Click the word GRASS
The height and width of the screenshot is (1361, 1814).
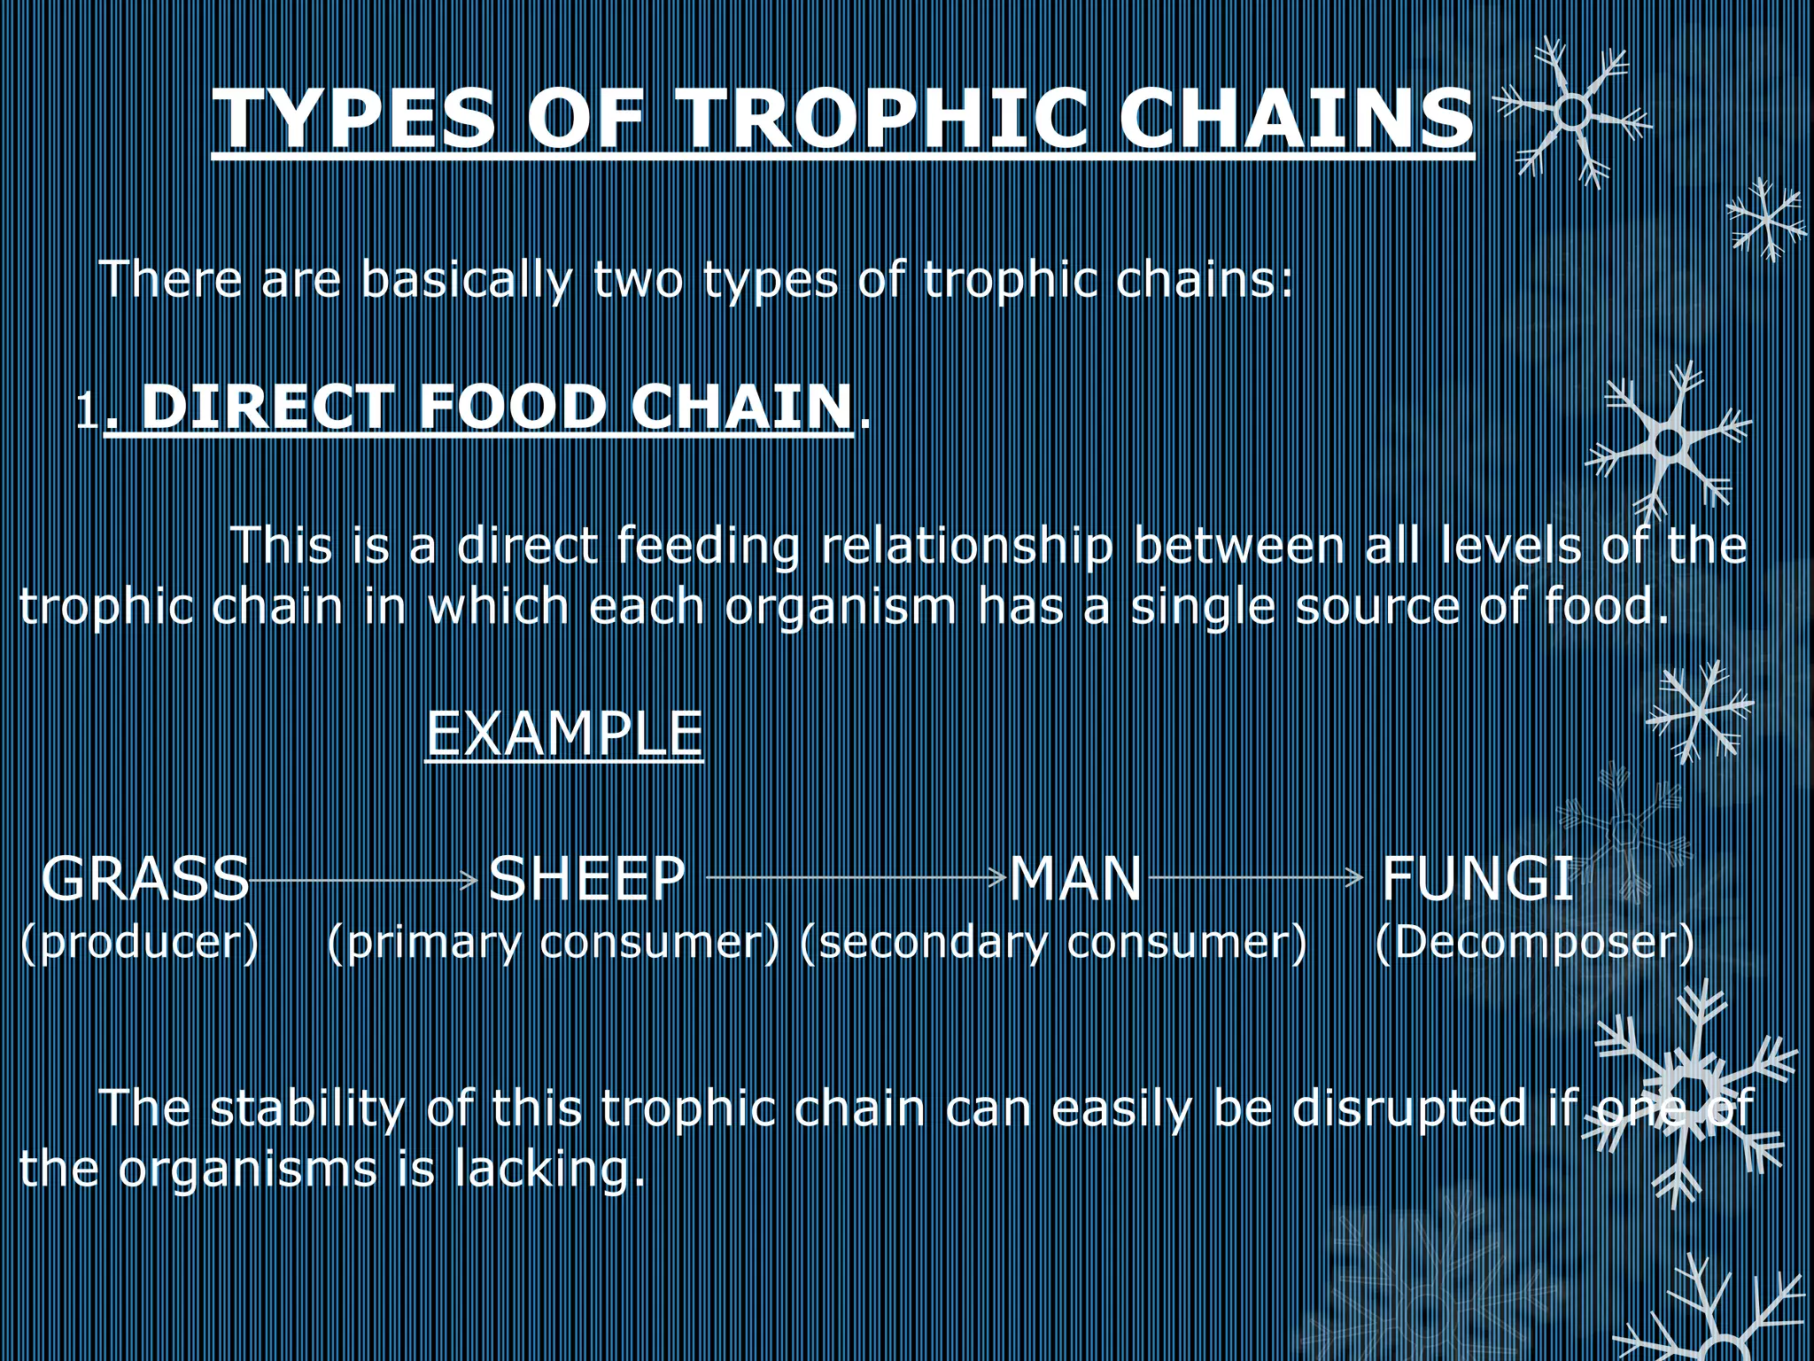click(145, 878)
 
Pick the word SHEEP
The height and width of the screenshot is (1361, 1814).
click(587, 878)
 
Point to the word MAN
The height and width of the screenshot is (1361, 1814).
click(1075, 878)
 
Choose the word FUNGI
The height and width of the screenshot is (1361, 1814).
click(1477, 878)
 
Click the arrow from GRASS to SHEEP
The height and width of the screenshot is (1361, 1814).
click(365, 880)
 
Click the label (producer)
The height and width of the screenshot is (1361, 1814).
click(139, 942)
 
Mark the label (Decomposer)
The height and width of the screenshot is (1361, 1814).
click(1534, 942)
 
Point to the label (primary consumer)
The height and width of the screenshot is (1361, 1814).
click(554, 942)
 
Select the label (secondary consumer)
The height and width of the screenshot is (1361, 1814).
click(1052, 942)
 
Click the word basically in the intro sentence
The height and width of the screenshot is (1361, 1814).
click(467, 280)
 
